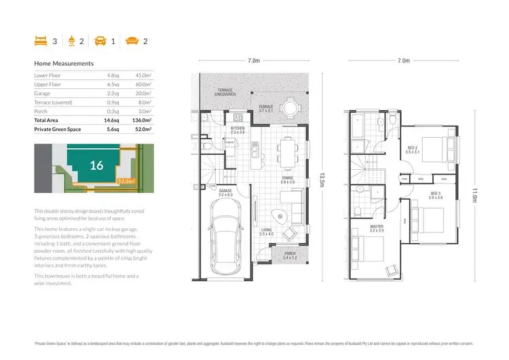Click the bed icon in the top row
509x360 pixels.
coord(41,41)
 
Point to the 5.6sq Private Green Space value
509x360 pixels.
coord(112,128)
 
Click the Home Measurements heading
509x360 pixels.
coord(64,63)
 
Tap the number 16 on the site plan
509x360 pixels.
coord(96,165)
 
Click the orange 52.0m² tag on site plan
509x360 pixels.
coord(126,181)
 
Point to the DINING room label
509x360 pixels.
coord(288,179)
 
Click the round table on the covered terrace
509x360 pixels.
coord(290,107)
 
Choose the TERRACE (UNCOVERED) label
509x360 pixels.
coord(225,92)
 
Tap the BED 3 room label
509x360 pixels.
coord(435,194)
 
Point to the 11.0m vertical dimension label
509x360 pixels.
coord(474,195)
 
